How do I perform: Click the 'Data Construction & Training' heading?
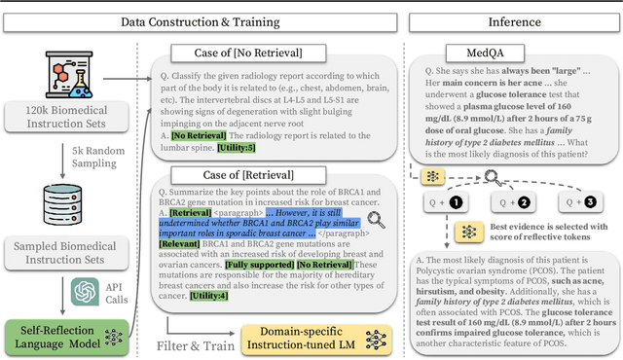[200, 20]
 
